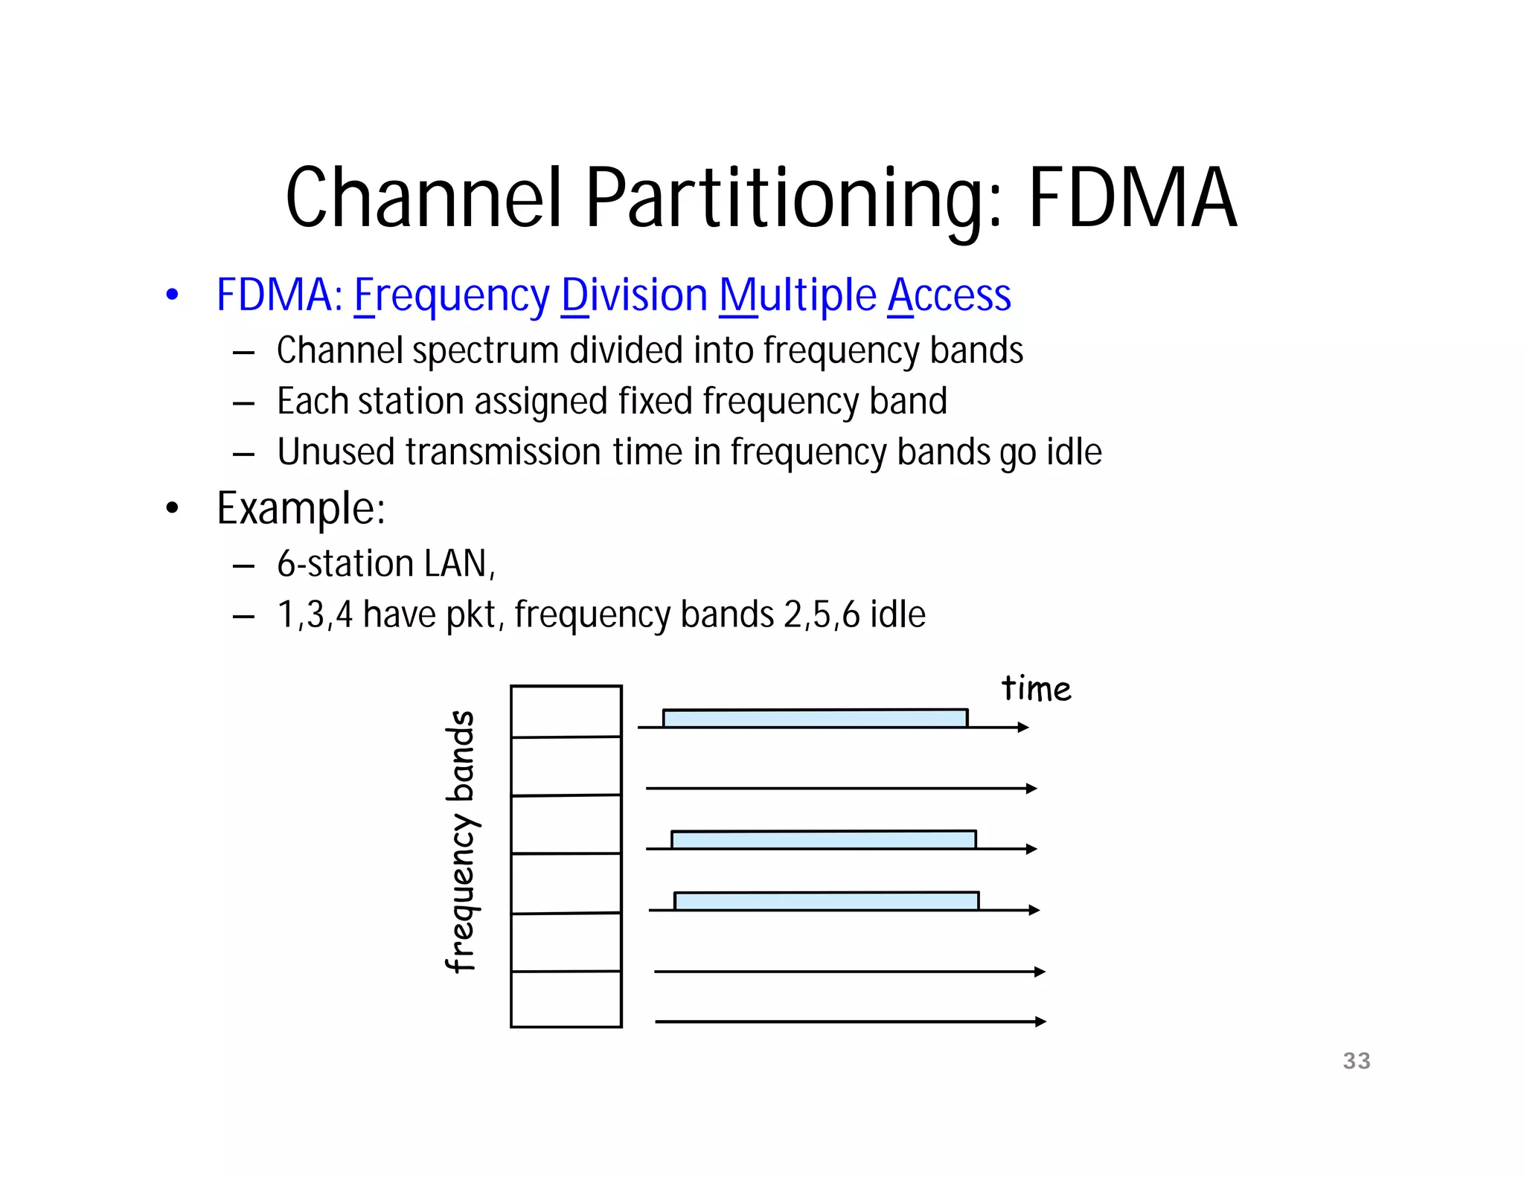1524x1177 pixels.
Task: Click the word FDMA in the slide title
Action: pyautogui.click(x=1132, y=198)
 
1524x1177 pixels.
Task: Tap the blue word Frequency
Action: pyautogui.click(x=451, y=295)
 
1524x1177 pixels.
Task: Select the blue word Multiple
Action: pyautogui.click(x=798, y=295)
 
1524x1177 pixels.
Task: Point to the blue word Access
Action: pyautogui.click(x=949, y=295)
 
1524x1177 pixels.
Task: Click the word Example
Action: pyautogui.click(x=301, y=509)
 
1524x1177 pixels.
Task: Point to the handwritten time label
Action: pyautogui.click(x=1036, y=688)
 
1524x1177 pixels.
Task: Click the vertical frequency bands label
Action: pyautogui.click(x=462, y=841)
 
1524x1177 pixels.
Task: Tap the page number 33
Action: pyautogui.click(x=1356, y=1060)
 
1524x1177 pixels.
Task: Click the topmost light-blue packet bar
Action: pyautogui.click(x=815, y=718)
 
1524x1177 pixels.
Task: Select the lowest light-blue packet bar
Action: pyautogui.click(x=826, y=901)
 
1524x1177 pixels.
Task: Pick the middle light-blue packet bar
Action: pyautogui.click(x=823, y=840)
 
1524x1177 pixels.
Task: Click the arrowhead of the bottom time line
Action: pyautogui.click(x=1040, y=1022)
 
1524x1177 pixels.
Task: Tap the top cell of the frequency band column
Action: pyautogui.click(x=566, y=711)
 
